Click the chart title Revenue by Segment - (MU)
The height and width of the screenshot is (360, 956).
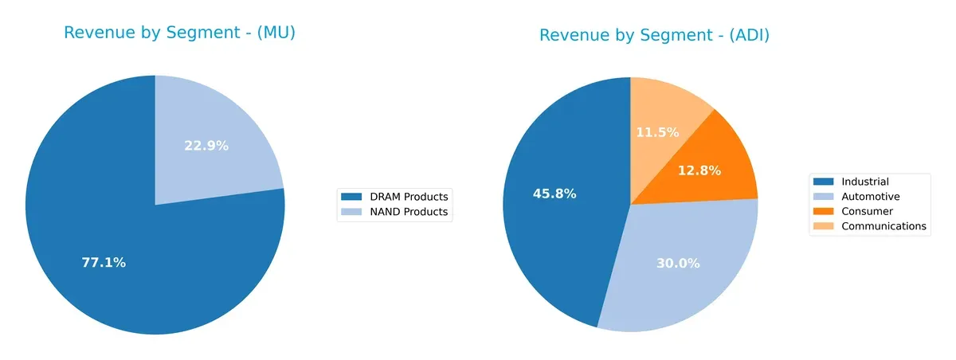pyautogui.click(x=179, y=33)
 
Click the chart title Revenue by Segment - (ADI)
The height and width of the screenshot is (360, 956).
pyautogui.click(x=654, y=36)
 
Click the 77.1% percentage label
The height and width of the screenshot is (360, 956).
pyautogui.click(x=104, y=262)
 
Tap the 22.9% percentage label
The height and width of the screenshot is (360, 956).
pyautogui.click(x=206, y=146)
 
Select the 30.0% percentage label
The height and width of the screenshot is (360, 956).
pyautogui.click(x=678, y=263)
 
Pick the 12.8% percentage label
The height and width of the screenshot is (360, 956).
pyautogui.click(x=699, y=170)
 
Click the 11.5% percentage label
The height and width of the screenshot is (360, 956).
pyautogui.click(x=657, y=132)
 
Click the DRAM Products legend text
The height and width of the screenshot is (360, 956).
pyautogui.click(x=406, y=197)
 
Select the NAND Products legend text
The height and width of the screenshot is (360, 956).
pyautogui.click(x=406, y=212)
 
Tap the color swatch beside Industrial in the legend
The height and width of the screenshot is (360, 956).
pyautogui.click(x=825, y=182)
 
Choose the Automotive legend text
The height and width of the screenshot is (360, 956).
pyautogui.click(x=871, y=197)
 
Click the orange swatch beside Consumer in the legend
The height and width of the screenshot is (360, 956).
pyautogui.click(x=825, y=211)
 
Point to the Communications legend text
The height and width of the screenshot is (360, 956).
pyautogui.click(x=884, y=226)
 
